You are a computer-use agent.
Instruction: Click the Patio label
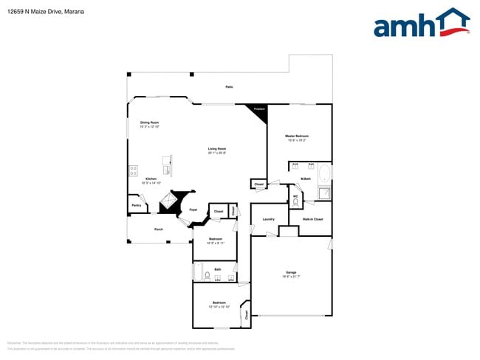tap(229, 87)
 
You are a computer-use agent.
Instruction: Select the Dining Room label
tap(150, 122)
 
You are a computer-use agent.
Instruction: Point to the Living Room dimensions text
tap(216, 153)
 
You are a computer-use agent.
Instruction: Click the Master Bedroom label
tap(298, 136)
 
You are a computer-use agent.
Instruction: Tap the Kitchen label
tap(151, 179)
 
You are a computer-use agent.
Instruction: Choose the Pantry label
tap(136, 205)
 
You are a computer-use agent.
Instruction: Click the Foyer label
tap(193, 210)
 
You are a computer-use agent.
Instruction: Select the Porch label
tap(159, 229)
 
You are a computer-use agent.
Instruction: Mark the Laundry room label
tap(268, 219)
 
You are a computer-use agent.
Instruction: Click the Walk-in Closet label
tap(312, 219)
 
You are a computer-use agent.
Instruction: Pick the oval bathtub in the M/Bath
tap(326, 174)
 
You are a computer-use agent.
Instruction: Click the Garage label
tap(291, 272)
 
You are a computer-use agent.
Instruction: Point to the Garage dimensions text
tap(291, 277)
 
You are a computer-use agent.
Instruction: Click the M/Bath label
tap(305, 179)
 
